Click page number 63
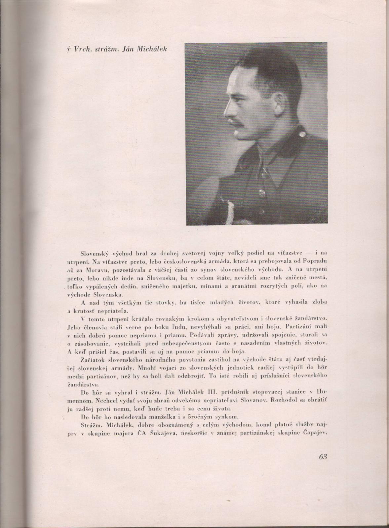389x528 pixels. click(323, 457)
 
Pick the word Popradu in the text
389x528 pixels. click(315, 261)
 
